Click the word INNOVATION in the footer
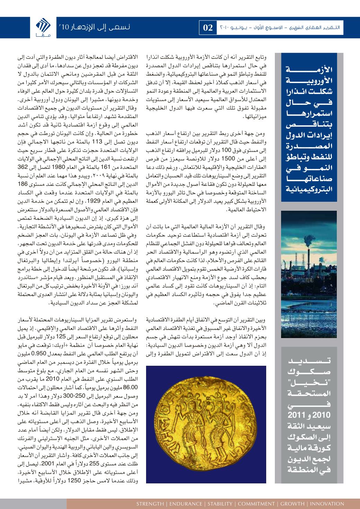tap(327, 503)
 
